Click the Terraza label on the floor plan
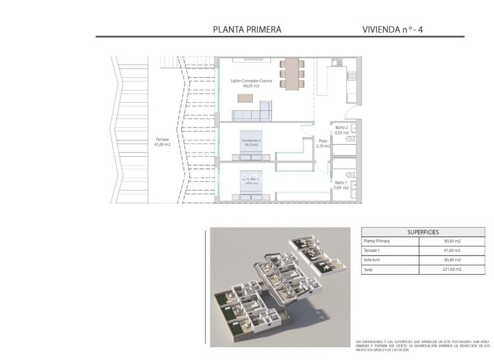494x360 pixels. (162, 139)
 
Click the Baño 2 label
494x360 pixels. (342, 127)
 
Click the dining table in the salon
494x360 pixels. (291, 73)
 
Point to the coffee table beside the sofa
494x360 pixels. (246, 98)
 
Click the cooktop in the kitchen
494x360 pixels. (351, 75)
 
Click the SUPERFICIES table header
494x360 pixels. (423, 231)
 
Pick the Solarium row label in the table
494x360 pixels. (371, 260)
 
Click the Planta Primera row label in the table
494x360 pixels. (376, 240)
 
